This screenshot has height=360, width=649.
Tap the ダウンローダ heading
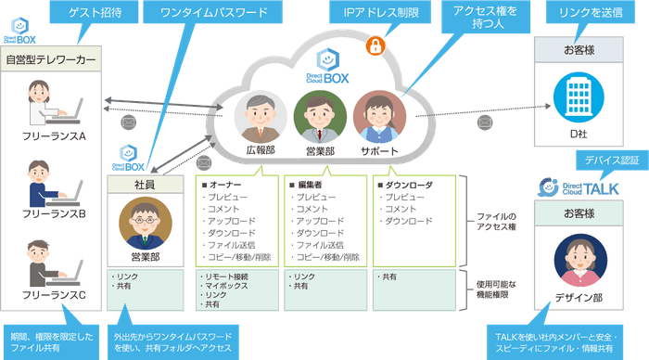point(404,184)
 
